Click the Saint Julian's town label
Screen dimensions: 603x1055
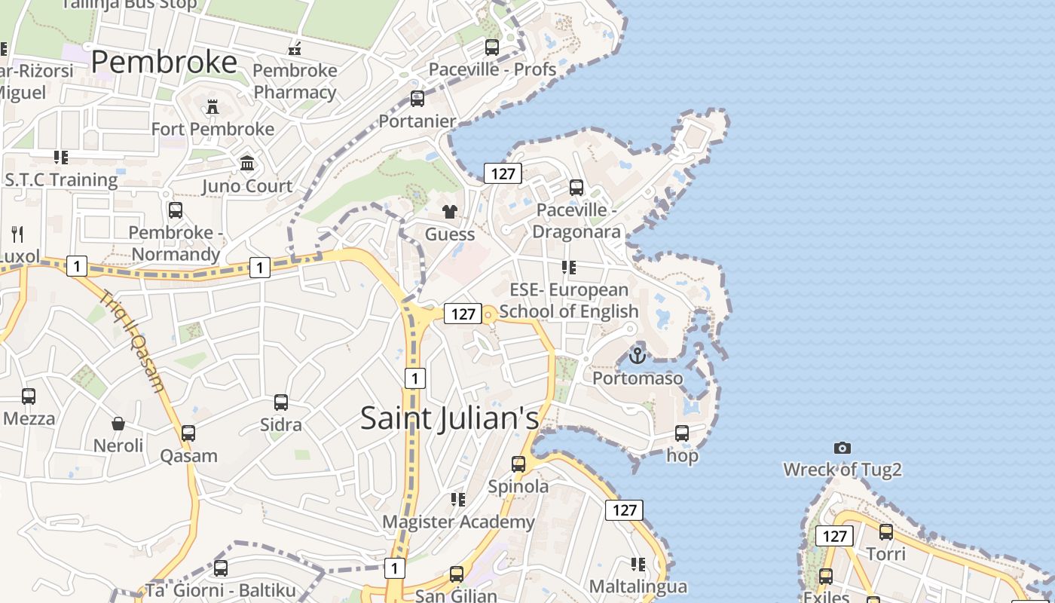(449, 418)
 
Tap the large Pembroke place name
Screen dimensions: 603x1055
(164, 62)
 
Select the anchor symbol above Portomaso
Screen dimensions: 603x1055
(638, 355)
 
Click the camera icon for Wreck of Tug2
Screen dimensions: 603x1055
(842, 448)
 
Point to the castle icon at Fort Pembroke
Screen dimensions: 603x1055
(213, 107)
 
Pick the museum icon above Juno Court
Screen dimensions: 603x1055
(246, 164)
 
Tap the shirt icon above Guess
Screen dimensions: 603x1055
(450, 212)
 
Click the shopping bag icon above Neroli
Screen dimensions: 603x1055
(118, 424)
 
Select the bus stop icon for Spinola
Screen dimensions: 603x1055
(518, 464)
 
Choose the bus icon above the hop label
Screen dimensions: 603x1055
(682, 433)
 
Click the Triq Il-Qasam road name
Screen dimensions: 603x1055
(134, 342)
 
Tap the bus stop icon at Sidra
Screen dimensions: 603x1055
(281, 403)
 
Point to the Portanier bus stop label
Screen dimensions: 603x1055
(417, 121)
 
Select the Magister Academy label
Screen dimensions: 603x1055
(458, 522)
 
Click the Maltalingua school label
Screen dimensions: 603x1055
(638, 586)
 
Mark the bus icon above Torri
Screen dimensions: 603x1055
(885, 532)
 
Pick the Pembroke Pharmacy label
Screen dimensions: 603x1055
(295, 81)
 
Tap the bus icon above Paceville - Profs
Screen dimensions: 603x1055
(492, 47)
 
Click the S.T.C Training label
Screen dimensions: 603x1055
(61, 180)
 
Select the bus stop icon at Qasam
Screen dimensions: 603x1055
(188, 433)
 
